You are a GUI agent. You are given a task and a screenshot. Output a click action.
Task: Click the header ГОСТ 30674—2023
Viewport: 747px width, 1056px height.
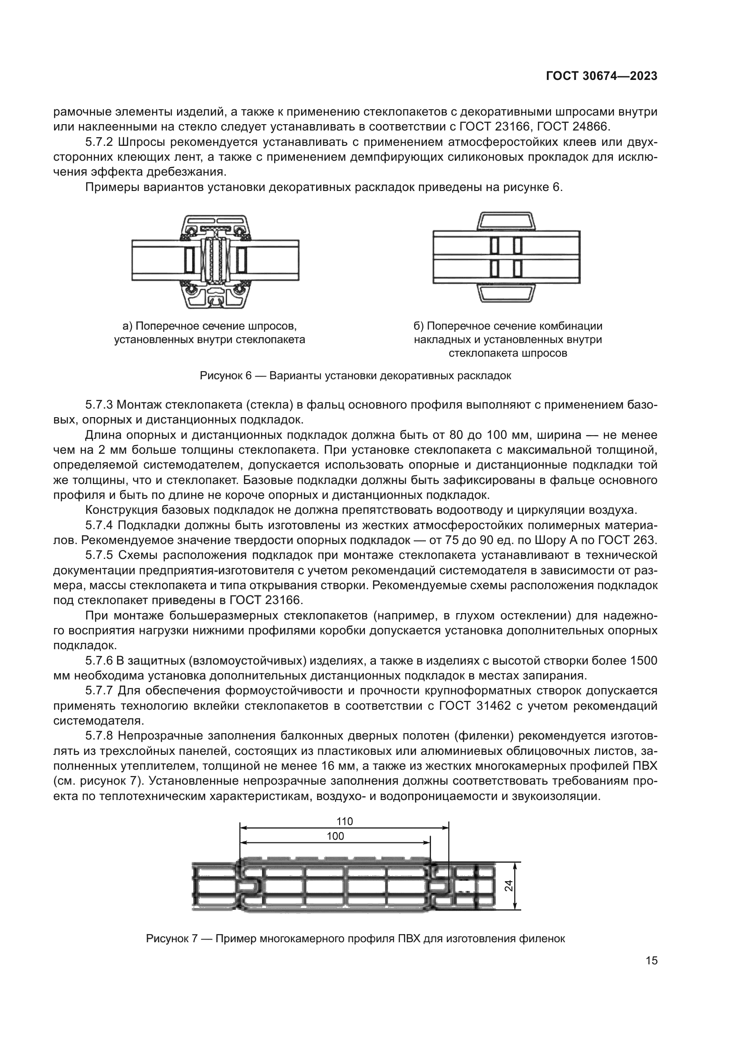602,76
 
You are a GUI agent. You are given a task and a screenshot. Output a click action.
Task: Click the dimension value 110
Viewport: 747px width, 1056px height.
344,821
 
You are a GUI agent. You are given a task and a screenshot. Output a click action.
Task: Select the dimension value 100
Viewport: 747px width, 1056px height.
335,836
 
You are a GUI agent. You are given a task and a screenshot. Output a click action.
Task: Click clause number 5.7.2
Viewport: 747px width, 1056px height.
99,143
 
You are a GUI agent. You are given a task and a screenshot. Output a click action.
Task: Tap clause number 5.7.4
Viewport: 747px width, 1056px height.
99,525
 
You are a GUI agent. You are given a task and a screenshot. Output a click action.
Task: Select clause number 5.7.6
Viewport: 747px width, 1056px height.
99,661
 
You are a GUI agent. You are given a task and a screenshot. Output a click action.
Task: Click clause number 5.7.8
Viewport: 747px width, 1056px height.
99,736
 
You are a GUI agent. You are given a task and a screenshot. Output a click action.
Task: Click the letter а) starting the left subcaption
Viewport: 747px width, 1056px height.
127,326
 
